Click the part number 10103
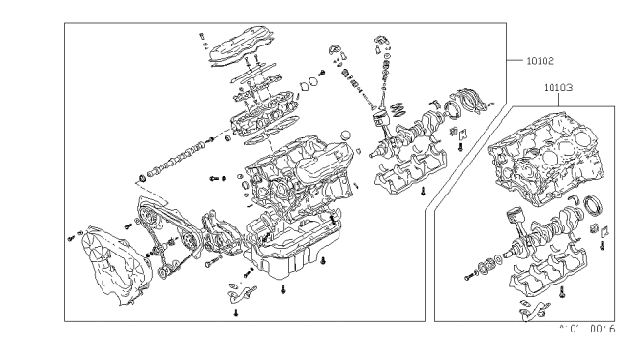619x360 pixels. [558, 87]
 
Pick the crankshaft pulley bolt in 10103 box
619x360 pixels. [468, 276]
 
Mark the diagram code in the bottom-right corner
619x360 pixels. [587, 329]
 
